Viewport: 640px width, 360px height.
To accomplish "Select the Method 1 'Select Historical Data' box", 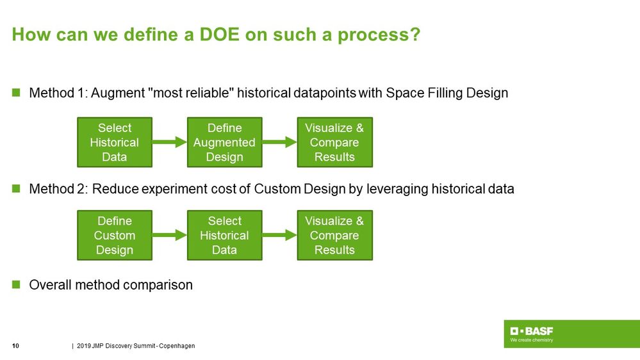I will point(115,142).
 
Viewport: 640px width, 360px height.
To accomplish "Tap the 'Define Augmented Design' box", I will point(224,142).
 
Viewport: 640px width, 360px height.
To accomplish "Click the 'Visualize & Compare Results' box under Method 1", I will point(334,142).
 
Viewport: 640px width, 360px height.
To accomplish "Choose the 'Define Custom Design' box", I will point(115,235).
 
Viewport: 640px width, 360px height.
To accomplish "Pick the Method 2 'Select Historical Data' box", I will point(224,235).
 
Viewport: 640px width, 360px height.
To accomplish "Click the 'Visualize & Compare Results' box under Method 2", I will point(334,235).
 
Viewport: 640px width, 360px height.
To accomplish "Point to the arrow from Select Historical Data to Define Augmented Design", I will point(169,143).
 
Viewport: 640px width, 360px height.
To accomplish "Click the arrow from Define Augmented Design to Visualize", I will point(279,143).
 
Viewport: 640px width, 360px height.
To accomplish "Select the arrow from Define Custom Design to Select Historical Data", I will point(169,236).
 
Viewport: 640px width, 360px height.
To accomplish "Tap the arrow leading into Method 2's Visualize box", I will point(279,236).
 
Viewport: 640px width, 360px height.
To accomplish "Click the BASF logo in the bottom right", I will point(532,331).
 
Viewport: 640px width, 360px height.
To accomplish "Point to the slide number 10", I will point(16,346).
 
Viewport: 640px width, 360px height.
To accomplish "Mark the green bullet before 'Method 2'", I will point(17,189).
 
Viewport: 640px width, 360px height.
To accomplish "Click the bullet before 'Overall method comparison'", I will point(17,285).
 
